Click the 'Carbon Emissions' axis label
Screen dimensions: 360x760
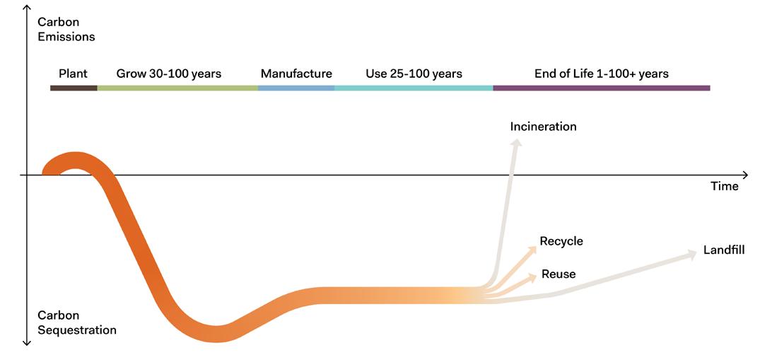(x=66, y=29)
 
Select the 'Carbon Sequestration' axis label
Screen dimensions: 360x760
(x=76, y=323)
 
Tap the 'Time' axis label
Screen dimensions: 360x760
(x=724, y=187)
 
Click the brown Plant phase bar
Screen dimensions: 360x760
(x=74, y=88)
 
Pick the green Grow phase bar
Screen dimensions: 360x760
(x=177, y=88)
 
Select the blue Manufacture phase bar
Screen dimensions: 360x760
(x=296, y=88)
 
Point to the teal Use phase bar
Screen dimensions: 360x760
(x=414, y=88)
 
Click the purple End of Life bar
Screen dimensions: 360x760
(x=601, y=88)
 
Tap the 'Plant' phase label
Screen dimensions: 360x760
(x=73, y=74)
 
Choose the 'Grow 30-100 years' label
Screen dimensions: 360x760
(x=168, y=74)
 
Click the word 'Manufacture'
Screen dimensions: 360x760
(x=296, y=74)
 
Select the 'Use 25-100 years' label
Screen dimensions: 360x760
(x=414, y=74)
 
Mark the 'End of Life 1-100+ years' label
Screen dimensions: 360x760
(x=601, y=74)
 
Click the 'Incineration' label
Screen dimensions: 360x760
(x=543, y=127)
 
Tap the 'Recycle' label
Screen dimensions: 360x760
(x=561, y=242)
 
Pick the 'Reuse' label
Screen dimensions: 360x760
(x=558, y=274)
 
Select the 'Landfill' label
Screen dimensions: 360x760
(x=723, y=250)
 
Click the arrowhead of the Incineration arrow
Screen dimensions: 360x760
(x=517, y=143)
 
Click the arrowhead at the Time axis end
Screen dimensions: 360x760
(x=744, y=175)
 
